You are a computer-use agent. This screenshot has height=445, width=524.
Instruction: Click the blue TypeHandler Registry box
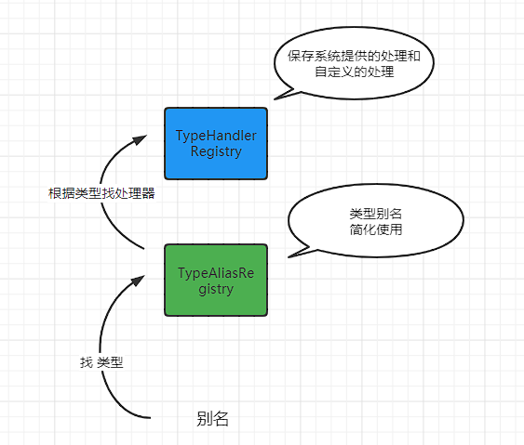coord(216,143)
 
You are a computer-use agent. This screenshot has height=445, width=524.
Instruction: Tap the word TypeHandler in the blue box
coord(216,136)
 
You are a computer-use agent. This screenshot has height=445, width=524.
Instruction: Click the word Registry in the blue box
coord(216,151)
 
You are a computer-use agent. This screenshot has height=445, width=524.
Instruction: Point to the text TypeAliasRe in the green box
coord(216,273)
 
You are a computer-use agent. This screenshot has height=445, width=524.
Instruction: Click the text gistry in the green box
coord(216,289)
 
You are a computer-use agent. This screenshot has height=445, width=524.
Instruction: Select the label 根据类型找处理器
coord(101,194)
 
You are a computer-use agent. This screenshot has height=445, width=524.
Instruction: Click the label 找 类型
coord(101,362)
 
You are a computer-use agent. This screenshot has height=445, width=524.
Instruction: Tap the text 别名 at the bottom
coord(213,419)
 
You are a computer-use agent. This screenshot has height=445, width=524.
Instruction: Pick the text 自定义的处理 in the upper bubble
coord(355,72)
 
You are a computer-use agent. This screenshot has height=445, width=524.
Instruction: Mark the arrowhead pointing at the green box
coord(140,278)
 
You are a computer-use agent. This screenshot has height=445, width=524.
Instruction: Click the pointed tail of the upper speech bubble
coord(277,95)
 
